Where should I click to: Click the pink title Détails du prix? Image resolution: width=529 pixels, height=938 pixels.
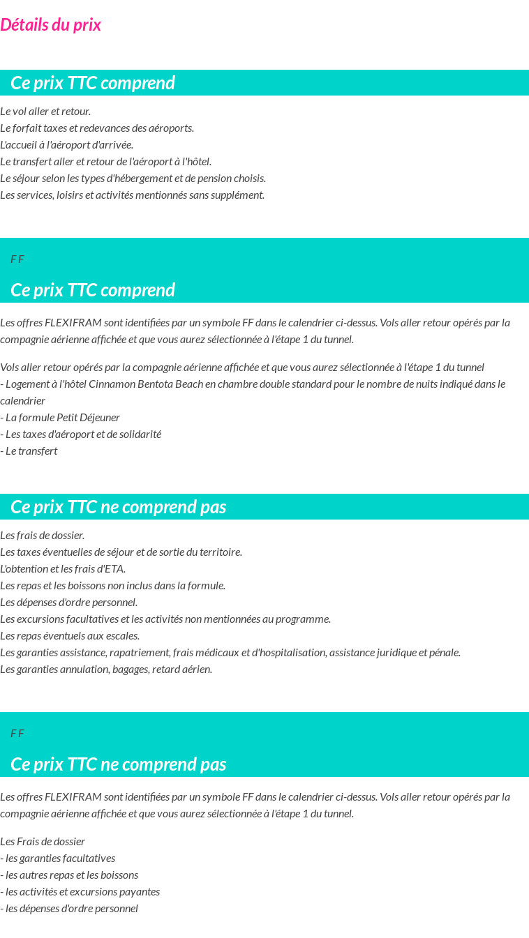50,25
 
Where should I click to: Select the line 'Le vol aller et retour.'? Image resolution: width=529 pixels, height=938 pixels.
45,112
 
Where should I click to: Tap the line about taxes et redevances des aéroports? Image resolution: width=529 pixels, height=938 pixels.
97,128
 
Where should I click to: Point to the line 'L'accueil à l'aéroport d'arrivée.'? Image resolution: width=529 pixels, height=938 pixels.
67,145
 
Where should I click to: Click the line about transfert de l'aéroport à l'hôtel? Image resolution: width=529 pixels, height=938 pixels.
105,162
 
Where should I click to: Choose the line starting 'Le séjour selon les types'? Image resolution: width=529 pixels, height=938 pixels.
133,179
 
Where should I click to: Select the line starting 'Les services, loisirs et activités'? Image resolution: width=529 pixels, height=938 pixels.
132,195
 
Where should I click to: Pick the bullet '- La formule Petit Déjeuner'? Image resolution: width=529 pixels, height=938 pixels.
60,418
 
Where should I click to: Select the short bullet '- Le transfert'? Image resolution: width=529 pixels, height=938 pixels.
29,451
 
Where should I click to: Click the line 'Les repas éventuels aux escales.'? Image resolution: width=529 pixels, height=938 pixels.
70,635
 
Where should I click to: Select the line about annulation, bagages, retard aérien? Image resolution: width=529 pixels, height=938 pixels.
106,670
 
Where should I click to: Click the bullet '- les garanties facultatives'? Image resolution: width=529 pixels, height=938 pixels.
57,858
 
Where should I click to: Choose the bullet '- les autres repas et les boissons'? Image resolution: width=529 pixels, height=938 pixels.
69,875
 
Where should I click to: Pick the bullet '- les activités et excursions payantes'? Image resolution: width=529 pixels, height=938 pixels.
80,891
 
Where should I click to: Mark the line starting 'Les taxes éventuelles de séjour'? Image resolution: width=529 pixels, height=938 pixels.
121,552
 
